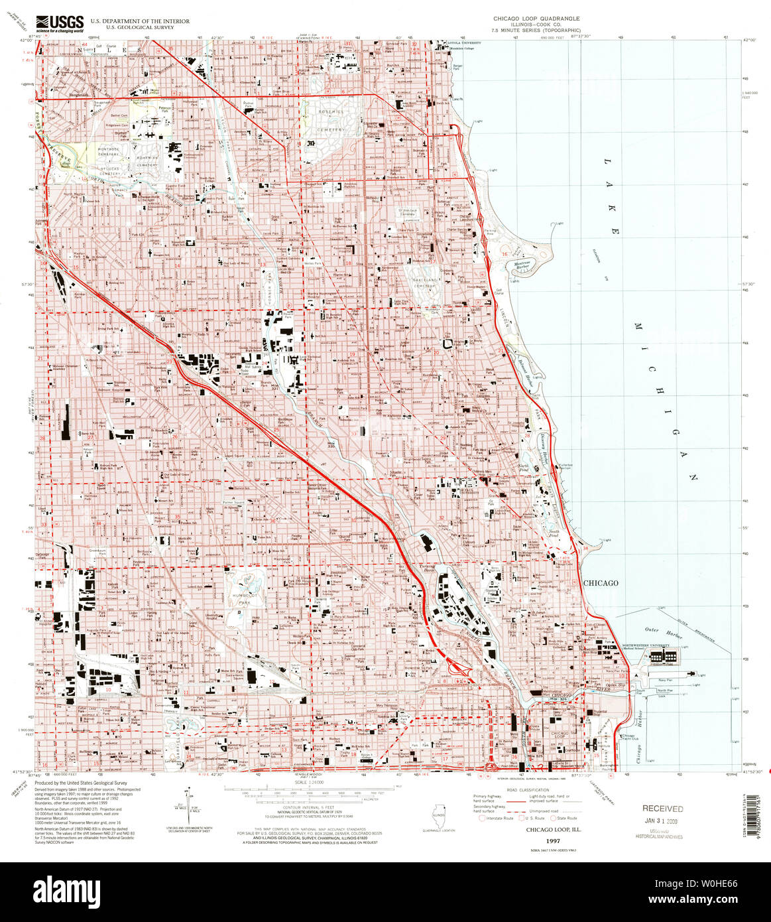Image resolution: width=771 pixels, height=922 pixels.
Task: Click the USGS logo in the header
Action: coord(59,24)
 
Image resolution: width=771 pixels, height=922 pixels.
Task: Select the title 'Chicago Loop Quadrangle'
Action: coord(536,19)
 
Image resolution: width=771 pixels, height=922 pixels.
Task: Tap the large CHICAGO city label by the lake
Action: coord(601,583)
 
